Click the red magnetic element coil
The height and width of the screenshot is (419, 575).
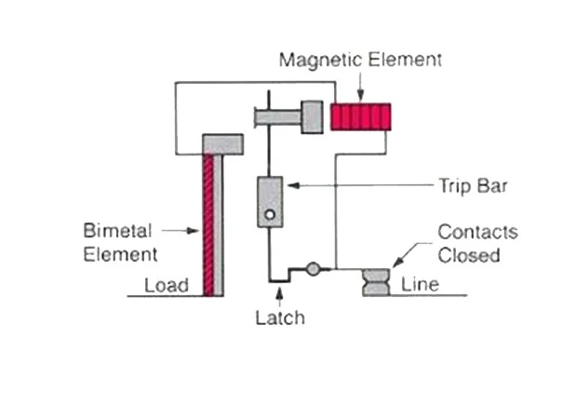pyautogui.click(x=360, y=117)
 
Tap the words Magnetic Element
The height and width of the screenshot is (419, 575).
pyautogui.click(x=360, y=60)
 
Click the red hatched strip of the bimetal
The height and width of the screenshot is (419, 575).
pyautogui.click(x=208, y=225)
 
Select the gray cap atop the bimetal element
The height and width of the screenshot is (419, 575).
pyautogui.click(x=223, y=144)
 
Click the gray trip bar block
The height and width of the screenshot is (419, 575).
pyautogui.click(x=270, y=202)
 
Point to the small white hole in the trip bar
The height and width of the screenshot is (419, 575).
pyautogui.click(x=270, y=215)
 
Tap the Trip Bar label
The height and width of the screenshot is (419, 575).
pyautogui.click(x=473, y=186)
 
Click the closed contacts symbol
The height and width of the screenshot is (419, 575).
pyautogui.click(x=376, y=282)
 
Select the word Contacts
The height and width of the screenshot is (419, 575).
pyautogui.click(x=478, y=232)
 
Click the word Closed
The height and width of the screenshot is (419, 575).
pyautogui.click(x=469, y=255)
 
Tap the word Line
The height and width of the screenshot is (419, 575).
pyautogui.click(x=420, y=284)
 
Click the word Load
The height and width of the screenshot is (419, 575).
pyautogui.click(x=167, y=286)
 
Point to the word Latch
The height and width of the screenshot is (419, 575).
pyautogui.click(x=280, y=318)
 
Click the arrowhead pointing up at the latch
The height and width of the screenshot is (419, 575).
pyautogui.click(x=280, y=292)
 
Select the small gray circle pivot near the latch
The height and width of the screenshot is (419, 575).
pyautogui.click(x=313, y=269)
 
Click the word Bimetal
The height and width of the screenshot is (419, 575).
pyautogui.click(x=117, y=231)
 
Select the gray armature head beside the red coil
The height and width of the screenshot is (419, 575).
pyautogui.click(x=312, y=117)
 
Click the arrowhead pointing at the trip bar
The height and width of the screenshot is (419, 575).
pyautogui.click(x=293, y=185)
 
